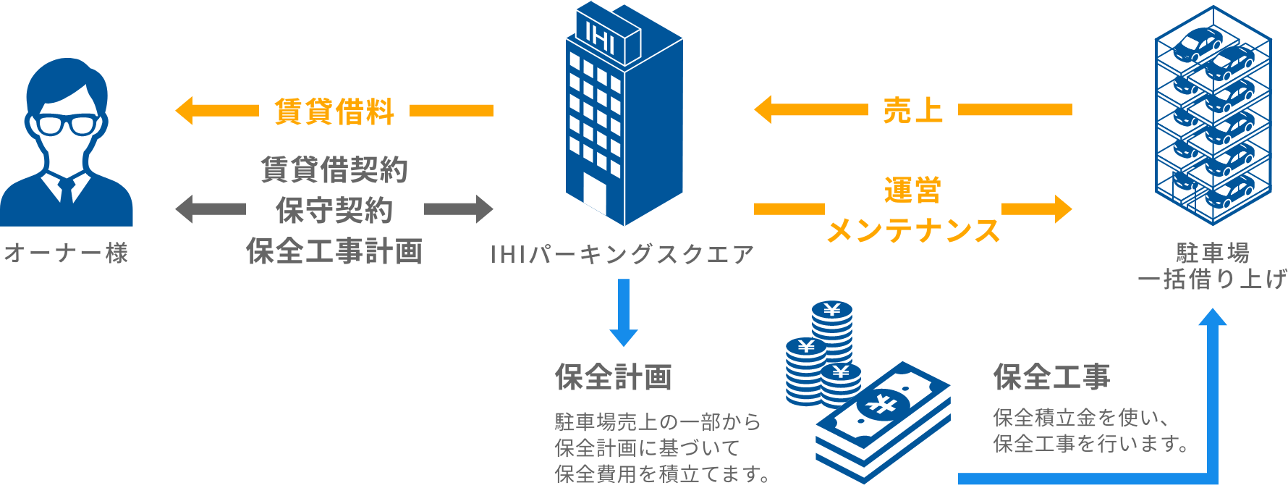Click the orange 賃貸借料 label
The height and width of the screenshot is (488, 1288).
point(334,111)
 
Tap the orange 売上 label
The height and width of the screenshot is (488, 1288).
point(912,110)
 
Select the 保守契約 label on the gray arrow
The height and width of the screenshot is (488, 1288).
point(334,209)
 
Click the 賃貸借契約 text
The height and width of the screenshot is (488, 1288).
point(334,169)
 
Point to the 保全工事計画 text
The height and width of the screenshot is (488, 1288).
point(334,251)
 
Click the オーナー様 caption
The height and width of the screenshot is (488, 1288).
point(66,253)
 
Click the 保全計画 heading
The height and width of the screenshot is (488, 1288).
point(614,377)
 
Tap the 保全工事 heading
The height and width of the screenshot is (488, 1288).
point(1051,376)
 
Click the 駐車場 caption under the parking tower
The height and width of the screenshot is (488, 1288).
point(1213,253)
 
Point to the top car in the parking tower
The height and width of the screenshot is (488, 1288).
point(1198,43)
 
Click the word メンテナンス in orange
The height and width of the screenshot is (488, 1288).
point(912,230)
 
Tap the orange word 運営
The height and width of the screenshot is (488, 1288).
point(912,191)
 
